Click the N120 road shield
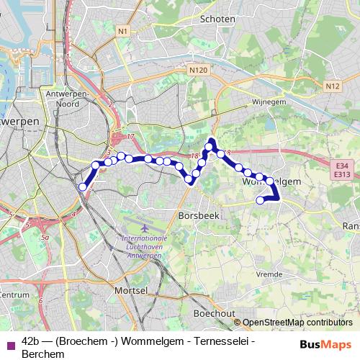click(199, 71)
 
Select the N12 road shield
click(332, 86)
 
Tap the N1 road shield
click(123, 31)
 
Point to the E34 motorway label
click(342, 166)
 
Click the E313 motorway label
click(342, 174)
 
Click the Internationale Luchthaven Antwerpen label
click(144, 244)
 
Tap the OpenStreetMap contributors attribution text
click(297, 323)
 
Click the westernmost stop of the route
click(83, 187)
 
